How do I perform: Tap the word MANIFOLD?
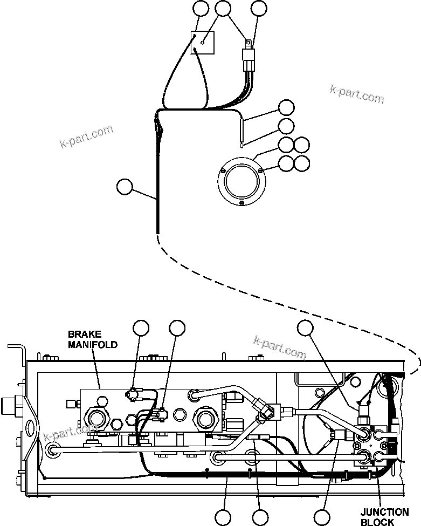click(x=92, y=344)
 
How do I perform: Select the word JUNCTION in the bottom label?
click(x=385, y=513)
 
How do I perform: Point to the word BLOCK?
click(x=377, y=522)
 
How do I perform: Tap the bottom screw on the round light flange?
click(x=242, y=203)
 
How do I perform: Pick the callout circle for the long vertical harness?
click(x=125, y=187)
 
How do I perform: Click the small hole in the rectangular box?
click(x=202, y=43)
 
